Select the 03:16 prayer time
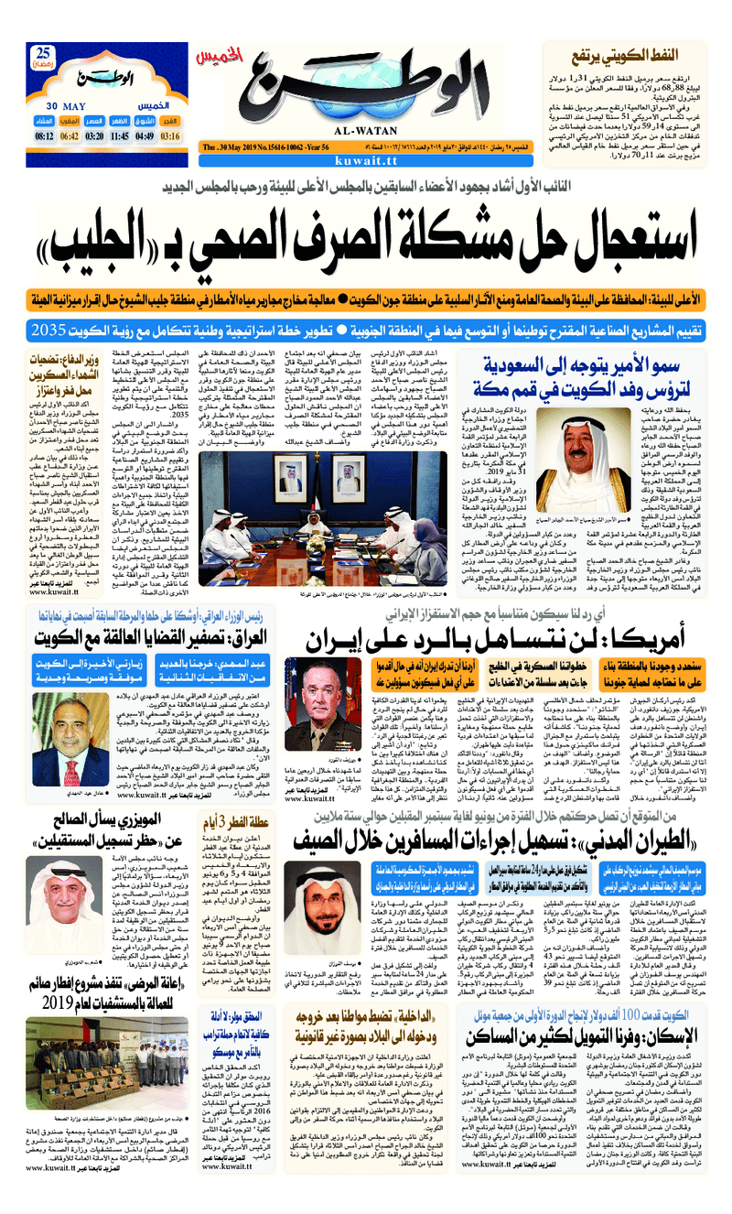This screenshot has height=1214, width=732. click(x=170, y=136)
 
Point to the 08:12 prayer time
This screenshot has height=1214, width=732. click(x=44, y=136)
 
